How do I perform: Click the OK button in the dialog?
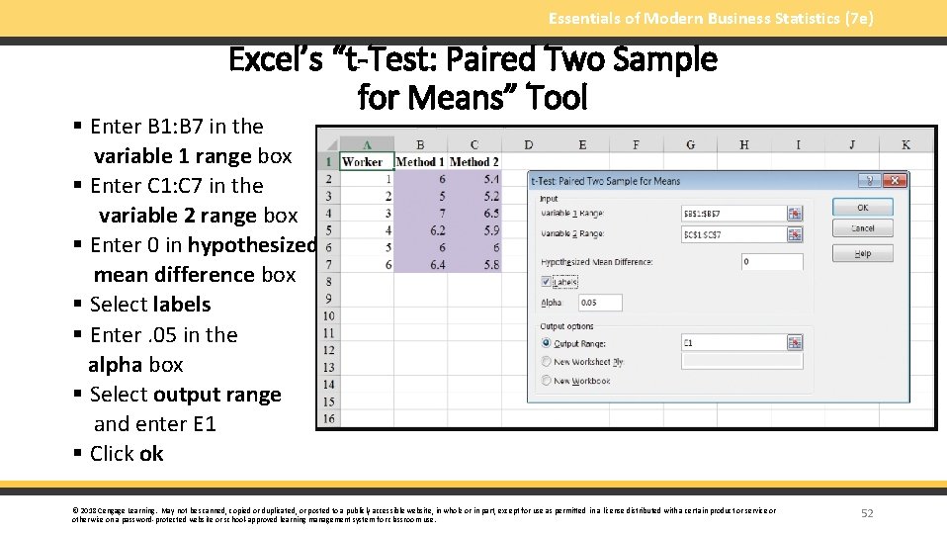click(x=862, y=208)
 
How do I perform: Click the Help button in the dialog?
click(x=862, y=254)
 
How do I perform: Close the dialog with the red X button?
click(x=895, y=181)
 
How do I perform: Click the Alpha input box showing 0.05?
click(x=600, y=303)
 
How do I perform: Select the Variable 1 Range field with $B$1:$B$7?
click(x=732, y=214)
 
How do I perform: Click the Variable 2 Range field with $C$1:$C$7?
click(x=732, y=234)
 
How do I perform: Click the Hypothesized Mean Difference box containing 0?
click(x=771, y=262)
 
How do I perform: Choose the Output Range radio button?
click(x=547, y=343)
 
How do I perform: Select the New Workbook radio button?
click(x=547, y=381)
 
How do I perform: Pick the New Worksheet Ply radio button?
click(x=547, y=362)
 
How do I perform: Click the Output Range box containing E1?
click(x=732, y=343)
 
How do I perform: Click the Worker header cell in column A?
click(x=362, y=162)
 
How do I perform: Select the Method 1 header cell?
click(x=419, y=162)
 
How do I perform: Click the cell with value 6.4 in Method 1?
click(x=419, y=264)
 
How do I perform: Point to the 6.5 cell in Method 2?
click(x=474, y=214)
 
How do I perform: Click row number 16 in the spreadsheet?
click(x=328, y=418)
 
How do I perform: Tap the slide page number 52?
click(x=867, y=513)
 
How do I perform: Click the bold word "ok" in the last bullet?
click(x=151, y=454)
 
